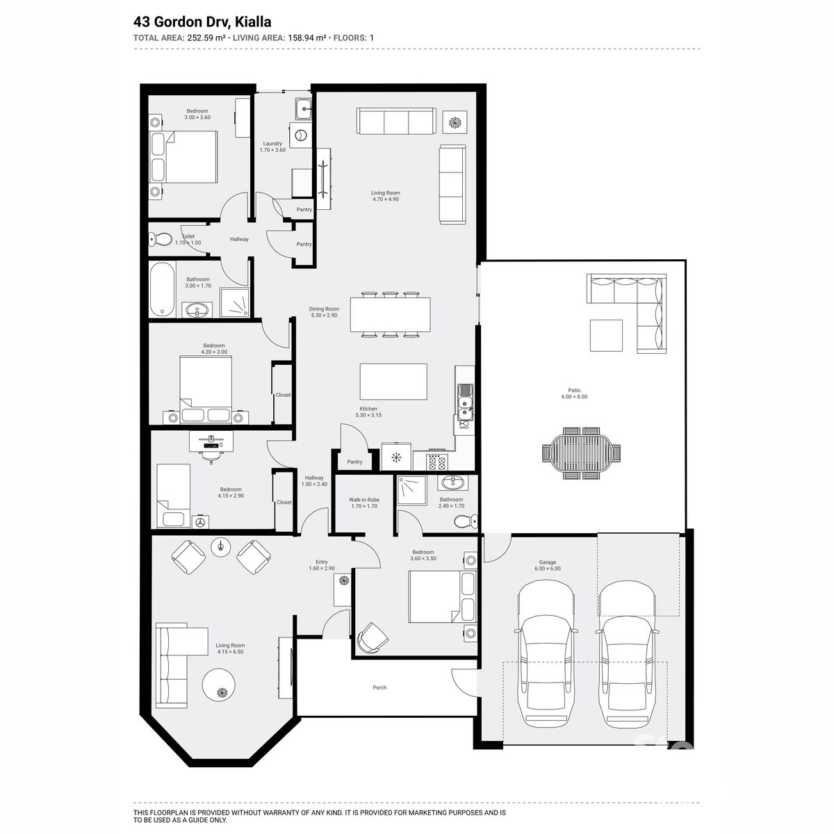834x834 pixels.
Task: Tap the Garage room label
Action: [548, 562]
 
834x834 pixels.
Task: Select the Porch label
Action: [379, 687]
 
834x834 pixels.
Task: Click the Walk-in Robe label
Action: [363, 500]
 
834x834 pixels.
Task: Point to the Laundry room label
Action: [272, 144]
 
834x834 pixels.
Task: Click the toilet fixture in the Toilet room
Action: [161, 240]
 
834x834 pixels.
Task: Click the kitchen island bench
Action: [393, 382]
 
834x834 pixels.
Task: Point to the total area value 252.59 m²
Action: [206, 38]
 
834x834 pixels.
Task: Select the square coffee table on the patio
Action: [606, 335]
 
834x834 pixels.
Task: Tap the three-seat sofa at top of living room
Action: [396, 122]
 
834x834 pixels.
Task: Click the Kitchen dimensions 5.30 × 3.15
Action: [368, 416]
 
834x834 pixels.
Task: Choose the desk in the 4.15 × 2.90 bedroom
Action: [212, 439]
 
